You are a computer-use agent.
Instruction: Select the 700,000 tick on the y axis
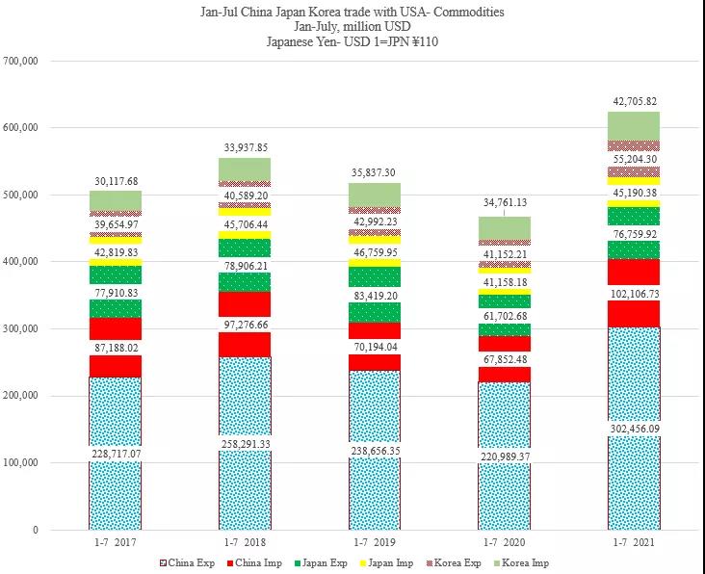pos(20,61)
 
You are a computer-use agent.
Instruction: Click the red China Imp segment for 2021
pos(634,314)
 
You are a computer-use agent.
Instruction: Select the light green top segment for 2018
pos(245,170)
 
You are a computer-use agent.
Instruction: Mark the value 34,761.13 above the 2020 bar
pos(505,202)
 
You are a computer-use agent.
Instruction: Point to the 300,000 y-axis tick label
pos(20,328)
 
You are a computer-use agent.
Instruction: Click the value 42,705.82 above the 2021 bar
pos(634,100)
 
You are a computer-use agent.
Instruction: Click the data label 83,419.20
pos(375,297)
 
